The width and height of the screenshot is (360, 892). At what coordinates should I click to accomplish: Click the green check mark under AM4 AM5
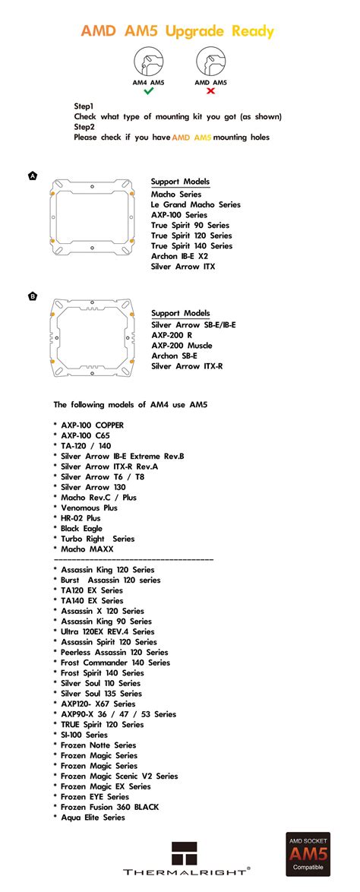148,90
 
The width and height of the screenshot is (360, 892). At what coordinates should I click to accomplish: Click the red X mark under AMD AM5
210,90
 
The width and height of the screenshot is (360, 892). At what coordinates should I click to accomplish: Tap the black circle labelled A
32,176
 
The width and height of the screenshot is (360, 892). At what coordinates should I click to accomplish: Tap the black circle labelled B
32,296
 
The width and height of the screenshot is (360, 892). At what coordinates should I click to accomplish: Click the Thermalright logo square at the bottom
185,852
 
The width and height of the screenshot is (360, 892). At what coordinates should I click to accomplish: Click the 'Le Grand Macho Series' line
195,204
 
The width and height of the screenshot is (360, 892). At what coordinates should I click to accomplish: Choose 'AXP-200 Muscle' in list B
182,345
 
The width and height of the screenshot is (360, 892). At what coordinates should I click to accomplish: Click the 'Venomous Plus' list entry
89,508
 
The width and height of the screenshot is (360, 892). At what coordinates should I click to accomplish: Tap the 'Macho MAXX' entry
87,549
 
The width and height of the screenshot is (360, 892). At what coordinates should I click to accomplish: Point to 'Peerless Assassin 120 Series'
114,652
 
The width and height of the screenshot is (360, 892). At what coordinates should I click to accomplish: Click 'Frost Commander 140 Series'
115,663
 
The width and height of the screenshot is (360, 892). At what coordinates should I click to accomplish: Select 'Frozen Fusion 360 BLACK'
109,807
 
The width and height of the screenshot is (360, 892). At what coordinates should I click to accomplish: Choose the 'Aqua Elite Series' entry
93,818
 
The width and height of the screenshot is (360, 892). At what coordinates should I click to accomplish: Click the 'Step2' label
84,127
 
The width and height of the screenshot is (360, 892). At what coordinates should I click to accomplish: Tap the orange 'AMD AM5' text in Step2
191,138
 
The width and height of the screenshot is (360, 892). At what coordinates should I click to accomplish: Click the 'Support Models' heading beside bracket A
180,182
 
